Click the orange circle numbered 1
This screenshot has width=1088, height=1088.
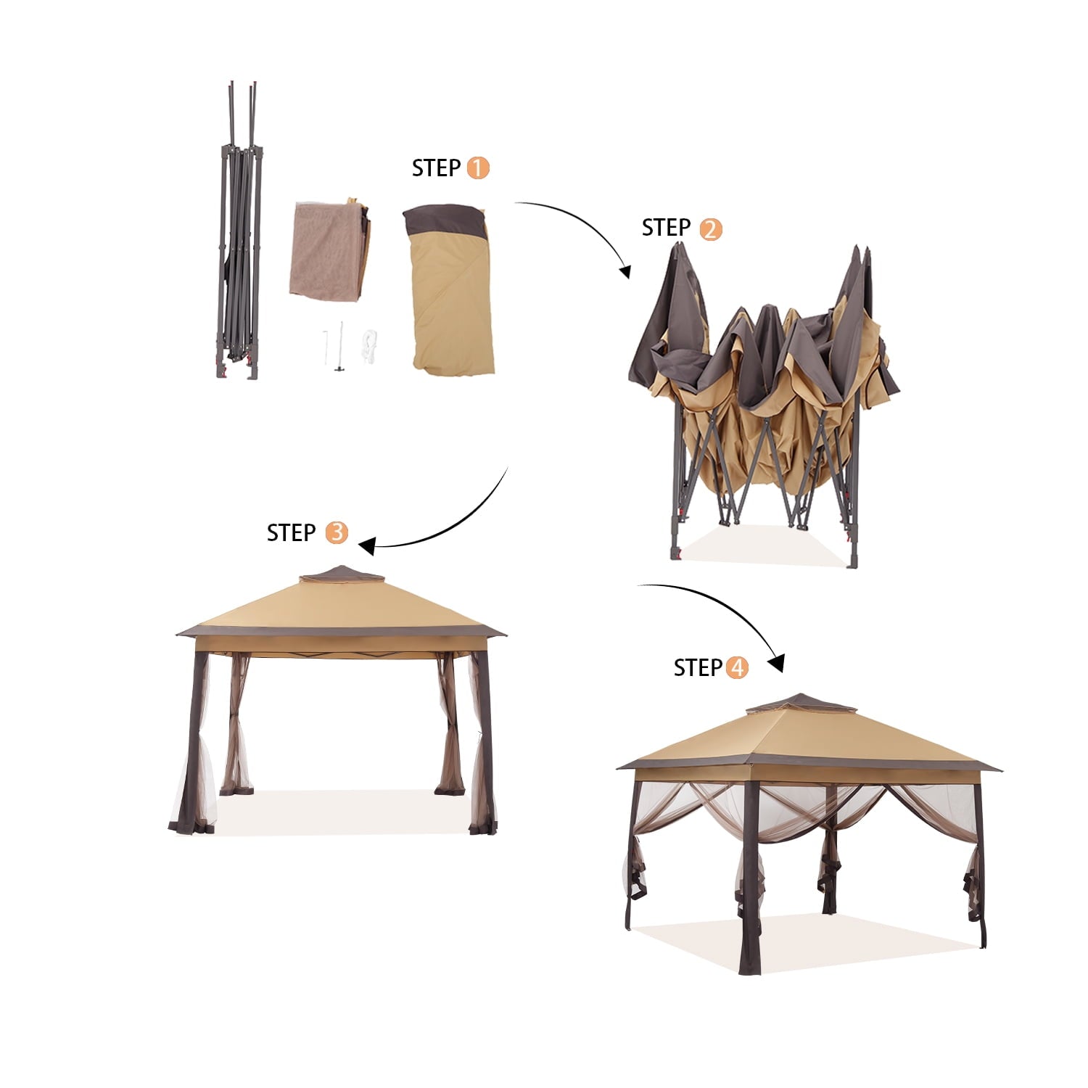[478, 168]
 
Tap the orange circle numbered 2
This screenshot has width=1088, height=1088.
[710, 229]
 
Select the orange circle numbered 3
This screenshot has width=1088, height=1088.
[336, 533]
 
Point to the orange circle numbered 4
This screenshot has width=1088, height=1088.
[738, 667]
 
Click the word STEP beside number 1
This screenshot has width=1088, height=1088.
[436, 168]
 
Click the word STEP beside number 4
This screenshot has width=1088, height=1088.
[698, 667]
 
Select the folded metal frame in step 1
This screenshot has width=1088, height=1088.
[240, 230]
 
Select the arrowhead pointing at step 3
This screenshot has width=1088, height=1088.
[368, 545]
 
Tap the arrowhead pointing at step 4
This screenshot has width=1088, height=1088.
[777, 664]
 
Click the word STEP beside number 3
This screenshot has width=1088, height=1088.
[291, 533]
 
